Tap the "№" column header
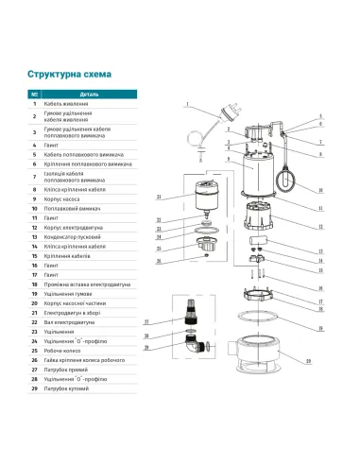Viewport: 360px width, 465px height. (x=35, y=94)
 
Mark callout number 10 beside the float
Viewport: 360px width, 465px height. (x=320, y=190)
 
